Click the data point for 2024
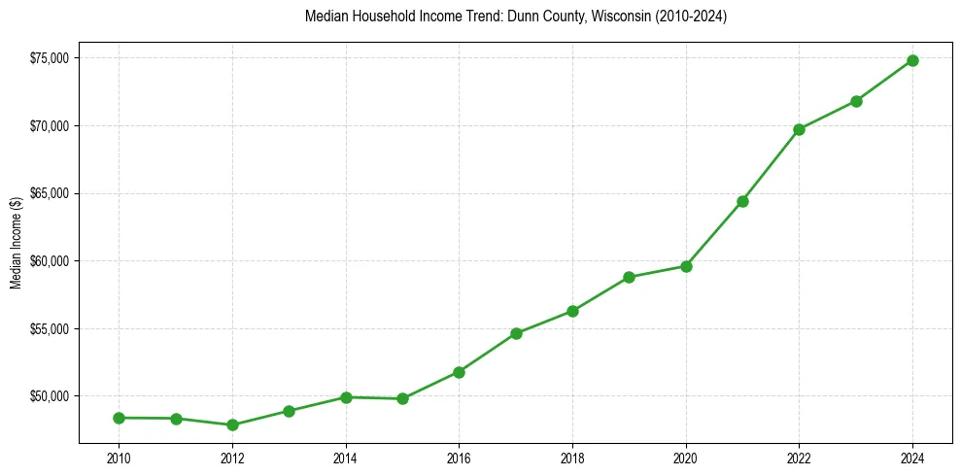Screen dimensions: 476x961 click(x=912, y=60)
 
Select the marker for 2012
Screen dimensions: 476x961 click(x=232, y=425)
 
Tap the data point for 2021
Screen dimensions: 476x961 click(x=742, y=201)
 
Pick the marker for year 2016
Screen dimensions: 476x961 click(x=459, y=372)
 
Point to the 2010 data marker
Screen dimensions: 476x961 click(x=119, y=418)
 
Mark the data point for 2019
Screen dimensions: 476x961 click(x=629, y=277)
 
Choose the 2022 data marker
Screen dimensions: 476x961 click(x=799, y=129)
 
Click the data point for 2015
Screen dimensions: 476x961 click(x=402, y=398)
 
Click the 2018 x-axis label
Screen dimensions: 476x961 click(x=572, y=457)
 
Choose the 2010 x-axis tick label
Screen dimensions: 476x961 click(x=119, y=457)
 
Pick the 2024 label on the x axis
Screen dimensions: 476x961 click(x=912, y=457)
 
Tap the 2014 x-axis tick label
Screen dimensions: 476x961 click(x=345, y=457)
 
